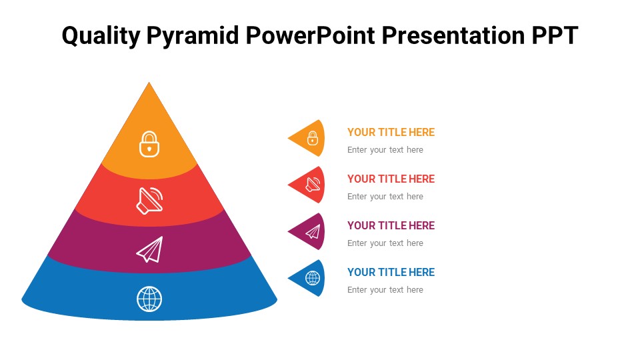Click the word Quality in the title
click(x=101, y=36)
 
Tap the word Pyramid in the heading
click(x=193, y=36)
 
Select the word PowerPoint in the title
click(x=310, y=35)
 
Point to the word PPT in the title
click(x=555, y=35)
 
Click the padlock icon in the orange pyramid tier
click(x=149, y=144)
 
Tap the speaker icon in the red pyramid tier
click(x=149, y=201)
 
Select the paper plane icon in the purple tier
click(x=150, y=249)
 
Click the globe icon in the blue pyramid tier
click(x=149, y=299)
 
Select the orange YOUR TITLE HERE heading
click(x=391, y=132)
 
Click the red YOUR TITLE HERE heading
click(x=391, y=179)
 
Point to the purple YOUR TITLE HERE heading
click(x=391, y=225)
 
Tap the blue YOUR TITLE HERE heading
click(x=391, y=272)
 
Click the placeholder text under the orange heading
click(x=385, y=150)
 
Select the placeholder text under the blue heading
click(x=385, y=290)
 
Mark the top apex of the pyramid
click(x=149, y=83)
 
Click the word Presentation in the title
click(x=453, y=35)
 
